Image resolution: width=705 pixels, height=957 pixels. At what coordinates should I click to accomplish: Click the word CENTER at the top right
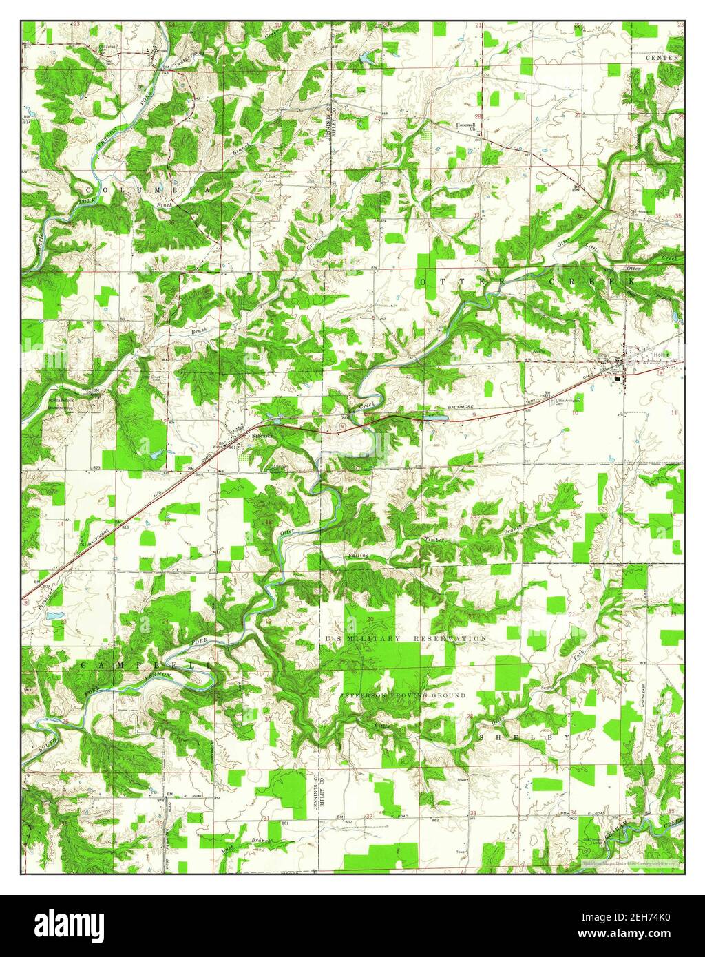pos(662,59)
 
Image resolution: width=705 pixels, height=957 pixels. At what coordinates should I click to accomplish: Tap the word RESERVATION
pos(450,639)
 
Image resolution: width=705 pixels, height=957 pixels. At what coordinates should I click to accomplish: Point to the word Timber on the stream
pos(436,540)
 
